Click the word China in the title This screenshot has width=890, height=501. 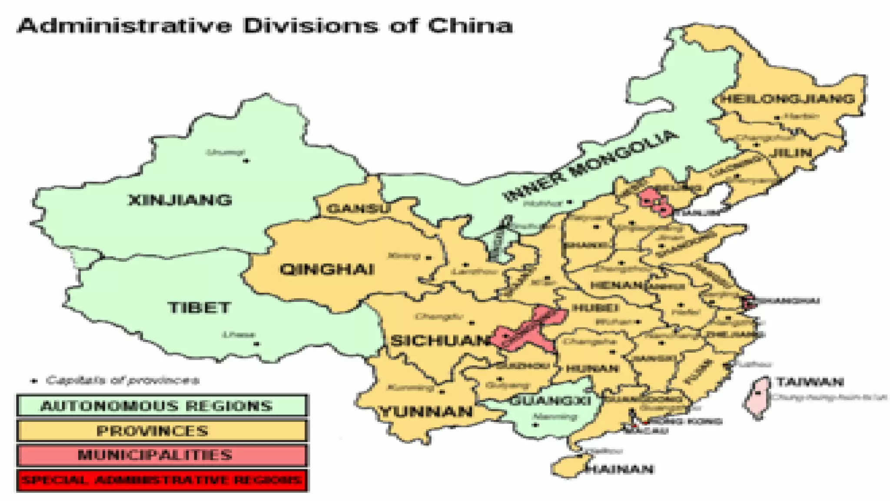[x=470, y=25]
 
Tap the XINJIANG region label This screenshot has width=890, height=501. [x=180, y=200]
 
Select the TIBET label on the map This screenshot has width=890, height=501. [x=199, y=307]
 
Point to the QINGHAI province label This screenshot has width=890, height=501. [x=327, y=269]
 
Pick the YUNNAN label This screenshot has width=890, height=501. [x=426, y=411]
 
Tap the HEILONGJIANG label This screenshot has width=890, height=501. [x=788, y=99]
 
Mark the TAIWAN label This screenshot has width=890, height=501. [x=810, y=382]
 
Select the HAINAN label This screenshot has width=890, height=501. [x=620, y=469]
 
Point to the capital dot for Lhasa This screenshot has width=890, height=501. [x=256, y=344]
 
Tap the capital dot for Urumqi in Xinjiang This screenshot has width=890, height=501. [x=246, y=161]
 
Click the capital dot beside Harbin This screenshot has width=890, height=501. [x=777, y=118]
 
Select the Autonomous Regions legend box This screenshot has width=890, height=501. [x=162, y=405]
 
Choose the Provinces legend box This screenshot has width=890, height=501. [x=162, y=431]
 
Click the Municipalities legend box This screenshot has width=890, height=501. [x=162, y=455]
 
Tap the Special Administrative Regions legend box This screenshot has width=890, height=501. [x=162, y=480]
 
